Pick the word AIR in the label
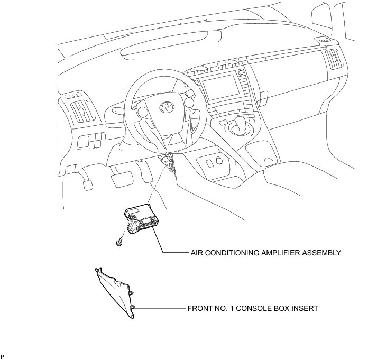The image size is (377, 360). [x=196, y=253]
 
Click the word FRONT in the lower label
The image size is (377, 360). [x=199, y=307]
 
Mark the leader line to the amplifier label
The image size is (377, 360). [x=174, y=253]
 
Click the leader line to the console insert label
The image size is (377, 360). [x=159, y=307]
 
